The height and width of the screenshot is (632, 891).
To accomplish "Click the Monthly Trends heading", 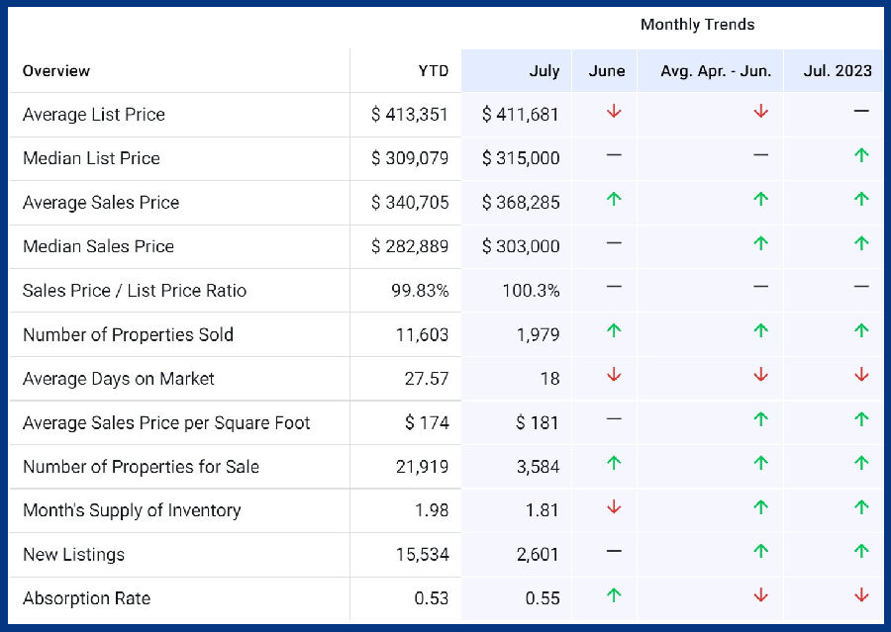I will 697,25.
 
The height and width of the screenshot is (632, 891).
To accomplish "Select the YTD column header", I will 433,70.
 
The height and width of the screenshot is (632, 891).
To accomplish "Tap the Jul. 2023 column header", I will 839,70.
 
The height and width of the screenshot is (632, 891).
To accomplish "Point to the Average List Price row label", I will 94,115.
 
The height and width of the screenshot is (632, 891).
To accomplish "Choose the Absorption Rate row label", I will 87,598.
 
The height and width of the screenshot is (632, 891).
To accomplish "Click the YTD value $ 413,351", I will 410,115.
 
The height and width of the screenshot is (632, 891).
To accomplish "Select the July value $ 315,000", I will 521,158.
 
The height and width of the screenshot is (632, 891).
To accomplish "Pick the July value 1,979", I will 538,334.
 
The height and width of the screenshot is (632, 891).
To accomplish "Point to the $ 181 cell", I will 538,423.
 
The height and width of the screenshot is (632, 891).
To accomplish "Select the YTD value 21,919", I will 422,467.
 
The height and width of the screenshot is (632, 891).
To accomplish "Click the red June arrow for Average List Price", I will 614,112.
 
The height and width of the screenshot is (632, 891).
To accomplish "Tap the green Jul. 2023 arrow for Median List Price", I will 861,155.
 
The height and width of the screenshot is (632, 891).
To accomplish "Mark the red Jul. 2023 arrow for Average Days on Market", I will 861,375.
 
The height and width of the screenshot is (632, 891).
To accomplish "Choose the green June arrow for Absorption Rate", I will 614,595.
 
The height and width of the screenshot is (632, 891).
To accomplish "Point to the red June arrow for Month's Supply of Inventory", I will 614,507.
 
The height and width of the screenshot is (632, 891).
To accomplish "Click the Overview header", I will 56,70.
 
